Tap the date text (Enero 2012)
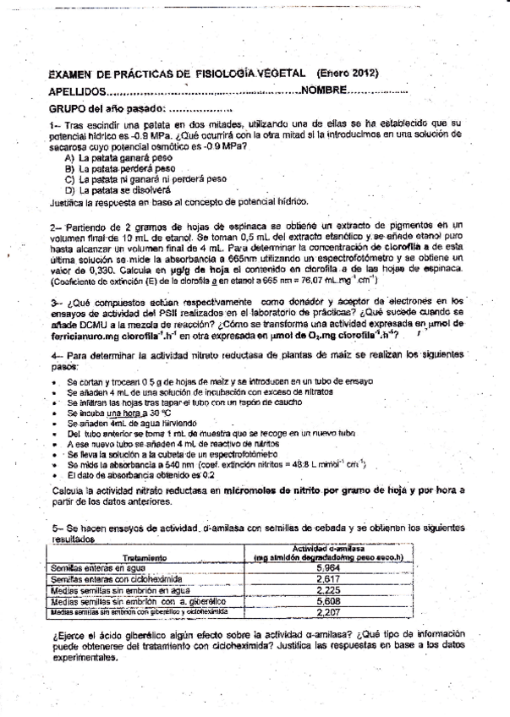pyautogui.click(x=347, y=74)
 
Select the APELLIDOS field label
pyautogui.click(x=78, y=91)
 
